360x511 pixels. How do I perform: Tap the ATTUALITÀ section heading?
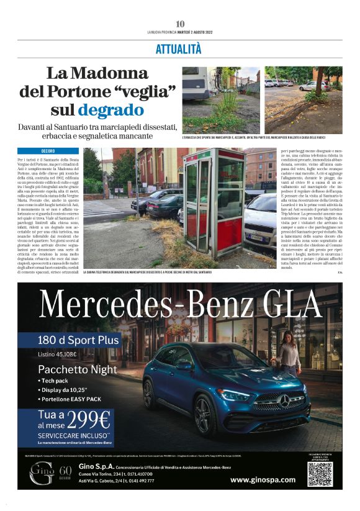coord(179,48)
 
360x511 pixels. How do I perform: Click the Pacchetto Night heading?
coord(77,369)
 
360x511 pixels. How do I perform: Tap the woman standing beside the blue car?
coord(289,351)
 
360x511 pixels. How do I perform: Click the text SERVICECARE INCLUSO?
coord(73,435)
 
